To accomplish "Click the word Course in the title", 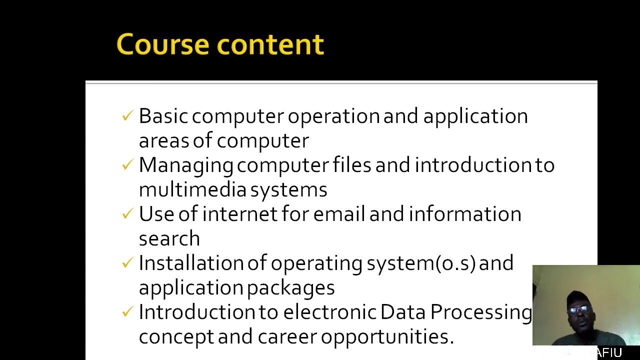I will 163,44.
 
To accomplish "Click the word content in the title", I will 270,44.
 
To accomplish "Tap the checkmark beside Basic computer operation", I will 127,116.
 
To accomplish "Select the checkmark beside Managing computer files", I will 127,165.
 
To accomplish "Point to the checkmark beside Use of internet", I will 127,214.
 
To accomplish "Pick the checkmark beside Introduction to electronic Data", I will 127,312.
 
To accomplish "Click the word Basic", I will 163,116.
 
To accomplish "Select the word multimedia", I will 192,190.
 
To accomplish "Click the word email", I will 339,214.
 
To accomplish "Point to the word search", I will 169,239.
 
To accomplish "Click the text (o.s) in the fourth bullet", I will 455,263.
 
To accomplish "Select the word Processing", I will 481,312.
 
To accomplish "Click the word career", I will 287,337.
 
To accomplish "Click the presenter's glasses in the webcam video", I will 578,309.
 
